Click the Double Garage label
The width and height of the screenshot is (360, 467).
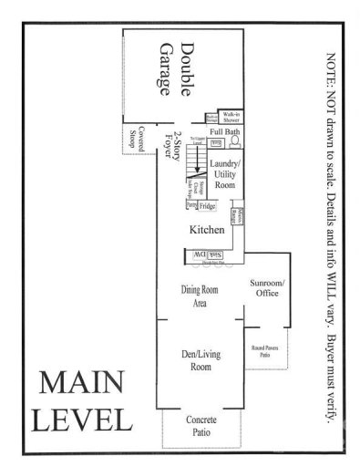coord(177,68)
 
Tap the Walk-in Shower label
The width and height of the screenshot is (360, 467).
coord(231,117)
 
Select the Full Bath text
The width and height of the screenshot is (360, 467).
coord(223,132)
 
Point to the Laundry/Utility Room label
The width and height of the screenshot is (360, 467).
coord(223,171)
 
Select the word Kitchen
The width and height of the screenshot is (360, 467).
coord(206,231)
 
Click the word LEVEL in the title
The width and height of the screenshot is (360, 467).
coord(82,420)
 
